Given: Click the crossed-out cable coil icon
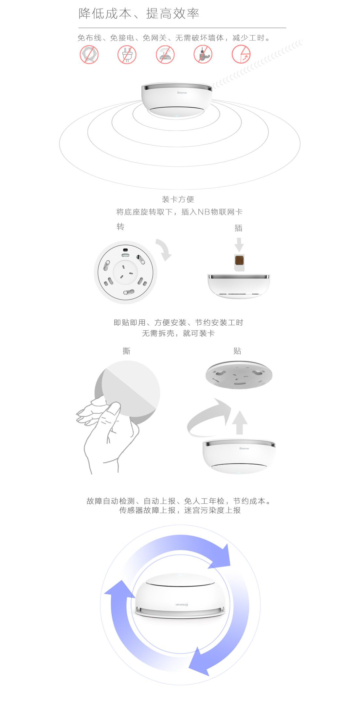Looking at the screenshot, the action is pyautogui.click(x=89, y=55).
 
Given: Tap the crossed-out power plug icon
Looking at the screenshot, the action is pyautogui.click(x=127, y=55).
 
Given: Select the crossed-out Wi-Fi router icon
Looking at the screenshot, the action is pyautogui.click(x=165, y=55).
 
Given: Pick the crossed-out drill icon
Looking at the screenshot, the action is pyautogui.click(x=203, y=54).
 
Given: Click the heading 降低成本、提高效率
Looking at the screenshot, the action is pyautogui.click(x=139, y=14).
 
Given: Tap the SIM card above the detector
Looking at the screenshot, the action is pyautogui.click(x=239, y=262).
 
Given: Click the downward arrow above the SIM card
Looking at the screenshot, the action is pyautogui.click(x=239, y=244).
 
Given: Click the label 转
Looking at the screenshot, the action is pyautogui.click(x=120, y=226).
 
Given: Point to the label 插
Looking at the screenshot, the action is pyautogui.click(x=239, y=228).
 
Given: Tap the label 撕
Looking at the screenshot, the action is pyautogui.click(x=126, y=351).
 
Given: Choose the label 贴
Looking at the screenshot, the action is pyautogui.click(x=237, y=351).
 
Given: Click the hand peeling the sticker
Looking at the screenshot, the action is pyautogui.click(x=106, y=432).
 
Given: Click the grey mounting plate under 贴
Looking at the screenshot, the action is pyautogui.click(x=239, y=375).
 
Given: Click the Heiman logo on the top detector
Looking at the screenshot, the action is pyautogui.click(x=182, y=93).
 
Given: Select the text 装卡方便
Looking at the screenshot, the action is pyautogui.click(x=178, y=199).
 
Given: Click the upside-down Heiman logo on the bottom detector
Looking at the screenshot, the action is pyautogui.click(x=182, y=604).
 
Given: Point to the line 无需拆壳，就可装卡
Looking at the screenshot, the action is pyautogui.click(x=178, y=333).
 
